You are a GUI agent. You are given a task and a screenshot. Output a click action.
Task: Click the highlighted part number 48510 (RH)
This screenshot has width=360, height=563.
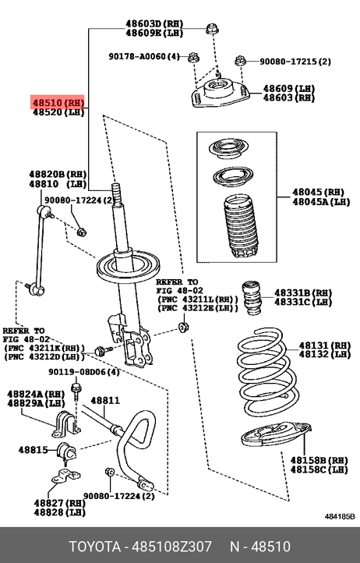[x=58, y=103]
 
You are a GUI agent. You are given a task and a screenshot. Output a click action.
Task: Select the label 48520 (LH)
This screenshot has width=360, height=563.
[x=58, y=112]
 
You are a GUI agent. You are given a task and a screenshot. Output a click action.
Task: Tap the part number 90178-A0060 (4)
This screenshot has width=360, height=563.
[x=144, y=56]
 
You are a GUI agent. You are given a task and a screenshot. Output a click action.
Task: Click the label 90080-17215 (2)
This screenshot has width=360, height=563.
[x=295, y=62]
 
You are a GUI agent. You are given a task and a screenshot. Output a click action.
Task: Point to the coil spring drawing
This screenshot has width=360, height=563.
[x=267, y=375]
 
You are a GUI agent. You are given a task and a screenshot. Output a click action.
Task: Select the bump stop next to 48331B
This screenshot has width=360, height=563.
[x=252, y=298]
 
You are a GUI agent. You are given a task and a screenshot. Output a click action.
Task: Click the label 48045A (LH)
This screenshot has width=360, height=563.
[x=321, y=202]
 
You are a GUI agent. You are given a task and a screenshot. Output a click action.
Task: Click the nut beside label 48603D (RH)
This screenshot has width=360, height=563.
[x=212, y=29]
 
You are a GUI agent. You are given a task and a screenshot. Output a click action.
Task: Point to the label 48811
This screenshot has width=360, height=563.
[x=105, y=400]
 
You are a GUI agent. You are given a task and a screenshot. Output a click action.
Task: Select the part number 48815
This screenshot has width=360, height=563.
[x=33, y=449]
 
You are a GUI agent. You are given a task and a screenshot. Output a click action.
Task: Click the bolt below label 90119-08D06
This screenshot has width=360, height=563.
[x=76, y=392]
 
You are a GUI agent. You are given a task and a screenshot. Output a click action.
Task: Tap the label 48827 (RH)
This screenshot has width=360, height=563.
[x=60, y=503]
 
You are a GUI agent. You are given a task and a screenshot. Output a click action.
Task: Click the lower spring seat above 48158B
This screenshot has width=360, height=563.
[x=276, y=434]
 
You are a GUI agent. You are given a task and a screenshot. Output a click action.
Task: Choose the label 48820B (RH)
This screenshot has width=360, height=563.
[x=58, y=175]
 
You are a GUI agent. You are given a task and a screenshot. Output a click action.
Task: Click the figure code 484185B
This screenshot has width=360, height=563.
[x=340, y=517]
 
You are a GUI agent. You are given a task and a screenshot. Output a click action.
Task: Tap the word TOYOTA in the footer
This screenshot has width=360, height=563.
[x=95, y=547]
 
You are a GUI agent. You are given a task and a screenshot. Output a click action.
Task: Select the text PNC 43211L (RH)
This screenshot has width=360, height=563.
[x=197, y=299]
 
